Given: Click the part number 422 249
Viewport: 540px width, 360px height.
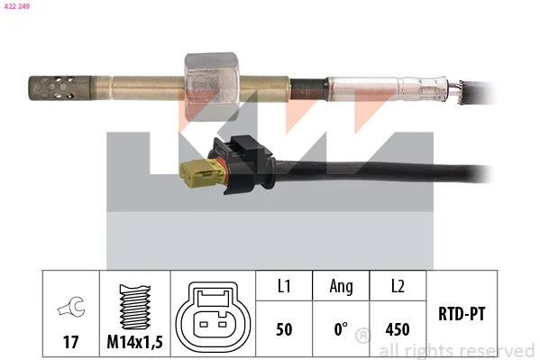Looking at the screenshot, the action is tap(17, 6).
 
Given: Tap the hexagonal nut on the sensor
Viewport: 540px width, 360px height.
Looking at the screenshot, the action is tap(211, 87).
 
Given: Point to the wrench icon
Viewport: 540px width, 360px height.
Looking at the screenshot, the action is tap(71, 306).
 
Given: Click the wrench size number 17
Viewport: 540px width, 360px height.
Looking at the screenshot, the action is tap(70, 342).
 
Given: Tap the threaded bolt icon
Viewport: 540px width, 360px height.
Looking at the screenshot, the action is tap(134, 307).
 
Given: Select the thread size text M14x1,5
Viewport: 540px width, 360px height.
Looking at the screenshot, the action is tap(134, 342).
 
